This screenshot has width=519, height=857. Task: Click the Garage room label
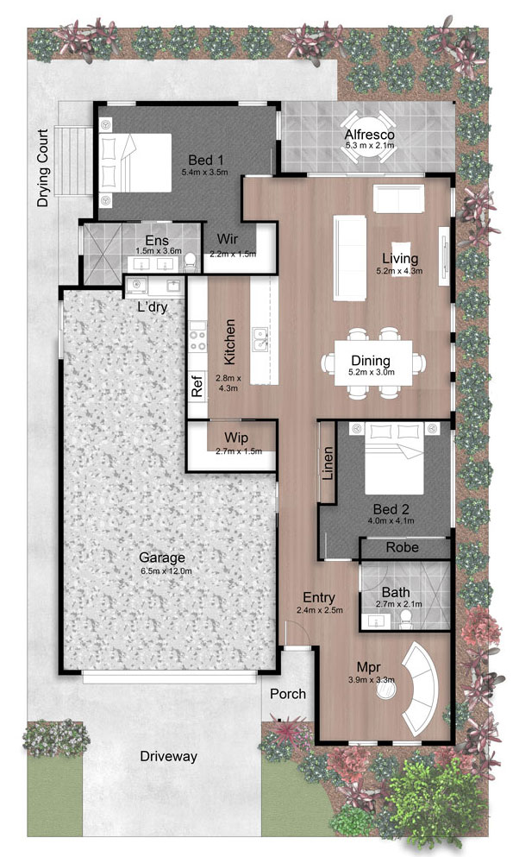coord(161,558)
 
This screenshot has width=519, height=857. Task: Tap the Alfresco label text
coord(370,135)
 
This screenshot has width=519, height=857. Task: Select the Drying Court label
coord(42,167)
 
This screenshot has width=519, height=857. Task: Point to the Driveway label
coord(169,756)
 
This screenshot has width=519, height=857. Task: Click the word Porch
coord(288,694)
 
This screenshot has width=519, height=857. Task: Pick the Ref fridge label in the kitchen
coord(197,385)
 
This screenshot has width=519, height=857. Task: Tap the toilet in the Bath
coord(405,617)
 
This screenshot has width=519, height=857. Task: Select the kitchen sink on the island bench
coord(259,338)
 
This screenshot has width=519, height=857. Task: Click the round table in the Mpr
coord(387,691)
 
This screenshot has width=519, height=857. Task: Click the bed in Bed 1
coord(135,162)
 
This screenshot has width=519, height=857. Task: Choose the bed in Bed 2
coord(395,458)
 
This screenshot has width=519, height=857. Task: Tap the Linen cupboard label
coord(328,463)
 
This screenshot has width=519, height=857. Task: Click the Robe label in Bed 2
coord(403,547)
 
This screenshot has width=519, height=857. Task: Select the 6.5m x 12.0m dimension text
coord(166,571)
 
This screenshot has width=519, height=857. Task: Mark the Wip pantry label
coord(235,438)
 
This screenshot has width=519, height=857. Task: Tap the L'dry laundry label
coord(152,306)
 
